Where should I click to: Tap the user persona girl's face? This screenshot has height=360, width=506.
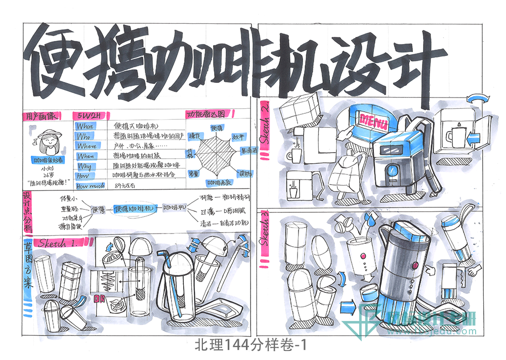coord(49,140)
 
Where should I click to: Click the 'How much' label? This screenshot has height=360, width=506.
coord(90,186)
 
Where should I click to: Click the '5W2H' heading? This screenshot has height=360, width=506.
coord(87,115)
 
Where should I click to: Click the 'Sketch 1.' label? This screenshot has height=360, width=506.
coord(58,243)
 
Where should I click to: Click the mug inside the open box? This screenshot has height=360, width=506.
coord(454,136)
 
